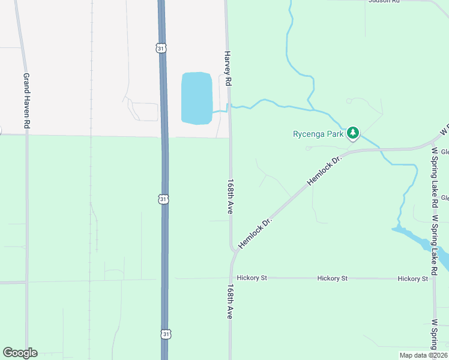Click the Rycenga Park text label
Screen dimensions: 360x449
click(318, 134)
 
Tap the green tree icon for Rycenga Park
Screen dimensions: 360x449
click(354, 133)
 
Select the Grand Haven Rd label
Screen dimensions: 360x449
click(26, 101)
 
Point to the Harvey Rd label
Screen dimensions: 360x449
click(228, 67)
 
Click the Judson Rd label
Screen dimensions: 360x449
click(384, 1)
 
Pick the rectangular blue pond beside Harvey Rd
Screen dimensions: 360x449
click(196, 98)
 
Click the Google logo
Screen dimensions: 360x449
click(20, 353)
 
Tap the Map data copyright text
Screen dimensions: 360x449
click(423, 355)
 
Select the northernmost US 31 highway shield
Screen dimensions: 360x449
click(160, 48)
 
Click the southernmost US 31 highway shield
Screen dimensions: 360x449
click(166, 334)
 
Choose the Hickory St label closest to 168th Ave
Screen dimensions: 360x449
click(252, 278)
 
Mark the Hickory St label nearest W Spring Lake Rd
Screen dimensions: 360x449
click(412, 279)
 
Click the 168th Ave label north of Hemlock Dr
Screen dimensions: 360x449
click(230, 196)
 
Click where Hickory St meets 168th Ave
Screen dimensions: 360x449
click(230, 278)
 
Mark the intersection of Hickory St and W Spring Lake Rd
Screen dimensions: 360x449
click(434, 279)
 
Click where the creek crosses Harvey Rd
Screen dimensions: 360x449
click(229, 107)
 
